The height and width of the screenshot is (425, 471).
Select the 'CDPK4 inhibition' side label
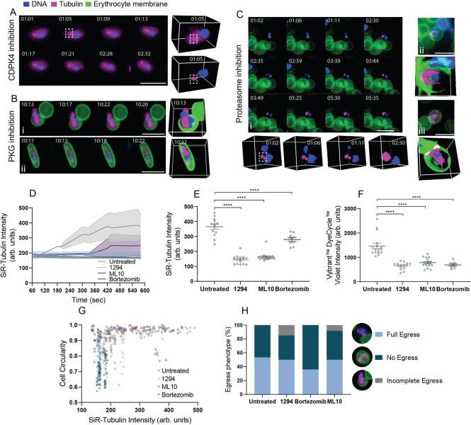[x=10, y=55]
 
